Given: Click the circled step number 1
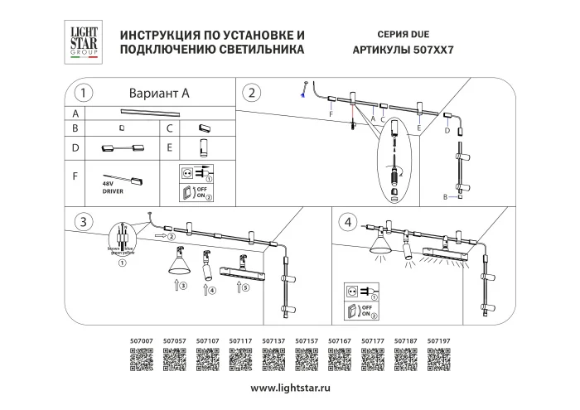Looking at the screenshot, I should click(83, 93).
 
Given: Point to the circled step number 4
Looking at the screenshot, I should click(349, 221).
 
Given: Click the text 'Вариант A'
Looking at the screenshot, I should click(160, 94).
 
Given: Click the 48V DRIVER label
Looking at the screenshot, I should click(113, 187).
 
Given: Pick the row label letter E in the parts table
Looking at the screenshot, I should click(169, 150).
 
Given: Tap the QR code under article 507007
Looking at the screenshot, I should click(143, 359).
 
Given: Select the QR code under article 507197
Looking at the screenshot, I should click(438, 359).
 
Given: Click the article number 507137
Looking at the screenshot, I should click(273, 340).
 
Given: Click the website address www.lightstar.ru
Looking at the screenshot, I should click(290, 388).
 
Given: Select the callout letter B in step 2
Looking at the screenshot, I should click(446, 197).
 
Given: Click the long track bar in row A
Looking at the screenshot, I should click(150, 112).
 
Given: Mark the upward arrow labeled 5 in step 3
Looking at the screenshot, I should click(241, 287).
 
